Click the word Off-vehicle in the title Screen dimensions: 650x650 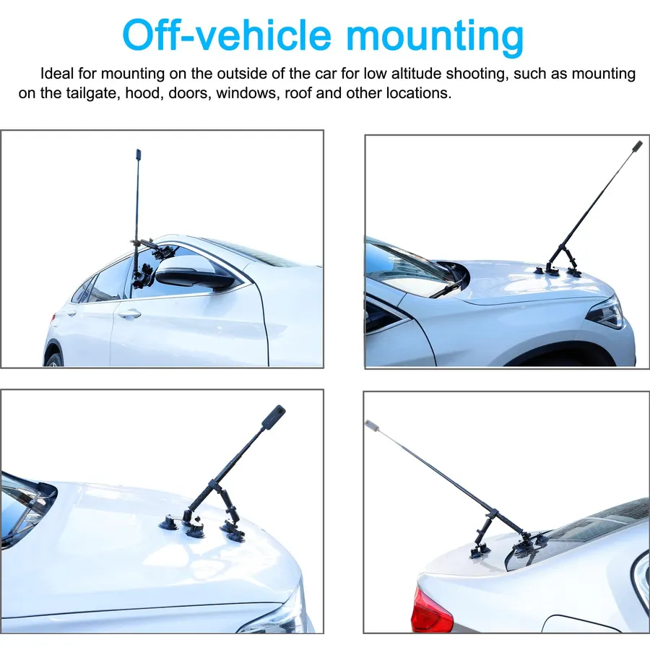pyautogui.click(x=227, y=35)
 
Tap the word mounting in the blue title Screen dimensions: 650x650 pyautogui.click(x=435, y=38)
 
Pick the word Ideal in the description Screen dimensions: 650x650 pyautogui.click(x=57, y=74)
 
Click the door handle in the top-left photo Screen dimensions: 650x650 pyautogui.click(x=129, y=314)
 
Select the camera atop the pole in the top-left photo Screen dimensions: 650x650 pyautogui.click(x=139, y=155)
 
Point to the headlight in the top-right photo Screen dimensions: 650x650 pyautogui.click(x=607, y=313)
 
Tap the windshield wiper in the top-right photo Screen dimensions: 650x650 pyautogui.click(x=447, y=282)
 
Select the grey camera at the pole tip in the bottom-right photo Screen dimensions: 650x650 pyautogui.click(x=371, y=425)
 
